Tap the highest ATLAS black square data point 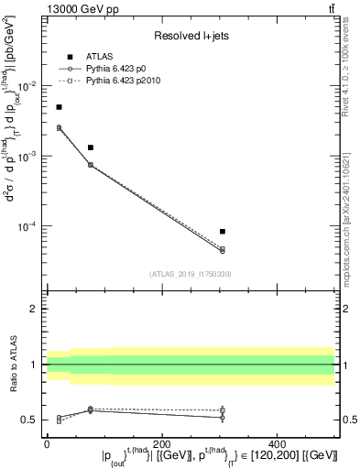[x=59, y=107]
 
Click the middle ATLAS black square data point [x=91, y=147]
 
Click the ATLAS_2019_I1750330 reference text [x=191, y=273]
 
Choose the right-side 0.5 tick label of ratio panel [x=349, y=420]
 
